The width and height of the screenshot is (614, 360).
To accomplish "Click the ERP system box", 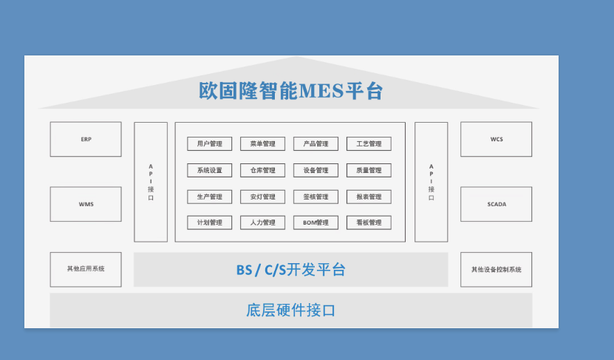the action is [x=86, y=139].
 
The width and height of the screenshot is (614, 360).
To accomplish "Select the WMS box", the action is [x=86, y=204].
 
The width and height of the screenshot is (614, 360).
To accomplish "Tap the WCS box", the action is [x=496, y=139].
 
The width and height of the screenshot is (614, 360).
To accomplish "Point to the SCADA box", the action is [x=496, y=204].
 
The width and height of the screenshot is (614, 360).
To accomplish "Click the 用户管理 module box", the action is [x=210, y=143].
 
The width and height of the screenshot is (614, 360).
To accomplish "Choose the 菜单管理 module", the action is [x=263, y=143].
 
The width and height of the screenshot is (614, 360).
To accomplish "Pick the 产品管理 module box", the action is [x=316, y=143].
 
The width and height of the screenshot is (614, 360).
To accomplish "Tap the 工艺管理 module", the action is [x=369, y=143].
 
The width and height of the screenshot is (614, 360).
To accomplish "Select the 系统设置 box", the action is [x=210, y=171].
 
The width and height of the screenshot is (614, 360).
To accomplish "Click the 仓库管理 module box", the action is [x=263, y=171].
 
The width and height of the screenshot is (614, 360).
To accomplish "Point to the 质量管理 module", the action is [x=369, y=171].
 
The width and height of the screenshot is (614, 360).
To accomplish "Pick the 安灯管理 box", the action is [x=263, y=197].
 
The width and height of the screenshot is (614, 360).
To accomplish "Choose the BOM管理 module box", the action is [x=316, y=223].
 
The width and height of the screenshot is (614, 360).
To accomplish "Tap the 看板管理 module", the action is [x=369, y=223].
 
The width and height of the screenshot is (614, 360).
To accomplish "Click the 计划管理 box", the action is [x=210, y=223].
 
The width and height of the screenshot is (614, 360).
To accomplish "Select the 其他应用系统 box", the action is [x=86, y=270].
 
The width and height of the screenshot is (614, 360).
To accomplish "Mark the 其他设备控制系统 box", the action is [x=496, y=270].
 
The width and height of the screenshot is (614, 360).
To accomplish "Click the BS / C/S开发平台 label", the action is [x=290, y=270].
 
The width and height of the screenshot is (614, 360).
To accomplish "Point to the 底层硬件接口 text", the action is [x=290, y=310].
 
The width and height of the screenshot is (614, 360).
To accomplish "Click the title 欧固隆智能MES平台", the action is [x=290, y=91].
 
